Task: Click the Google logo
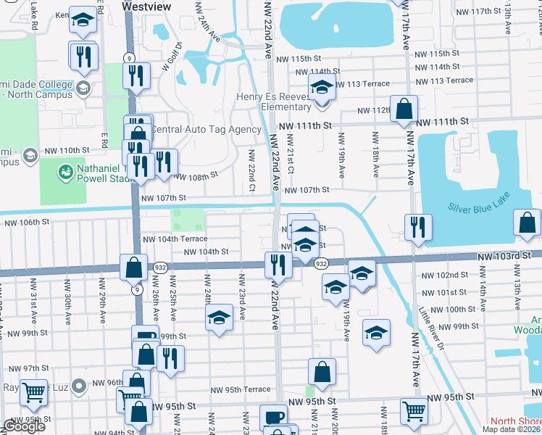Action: click(x=24, y=426)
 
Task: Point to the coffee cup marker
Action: click(x=274, y=418)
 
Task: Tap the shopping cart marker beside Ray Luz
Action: click(x=33, y=392)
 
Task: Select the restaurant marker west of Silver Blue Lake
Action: click(x=417, y=227)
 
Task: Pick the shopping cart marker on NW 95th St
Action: click(x=414, y=410)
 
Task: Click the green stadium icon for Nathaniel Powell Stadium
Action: click(x=66, y=172)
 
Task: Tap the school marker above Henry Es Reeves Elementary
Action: click(x=322, y=87)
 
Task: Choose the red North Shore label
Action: click(x=515, y=421)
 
